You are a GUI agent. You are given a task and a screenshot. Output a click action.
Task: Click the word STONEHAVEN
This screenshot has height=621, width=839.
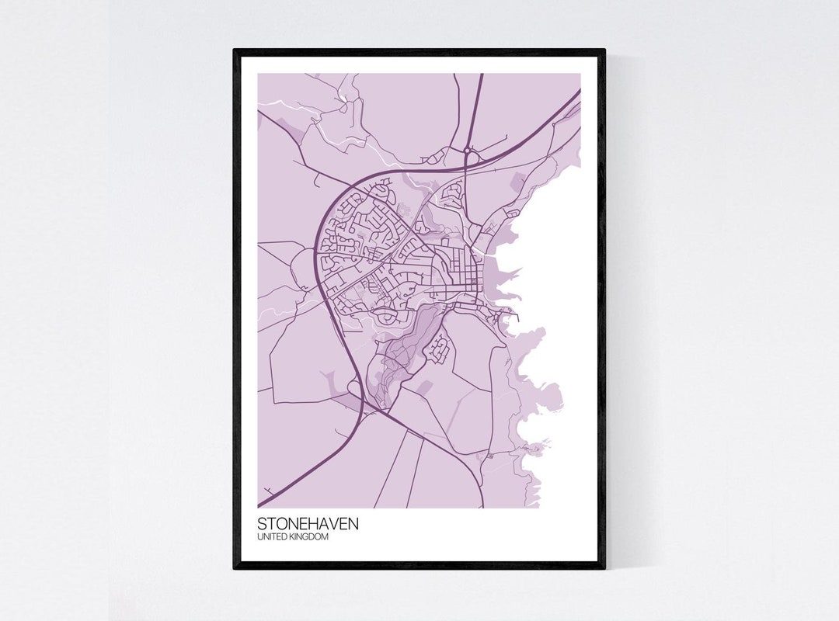308,523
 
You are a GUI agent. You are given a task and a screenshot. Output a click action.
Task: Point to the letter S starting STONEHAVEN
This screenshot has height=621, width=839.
262,523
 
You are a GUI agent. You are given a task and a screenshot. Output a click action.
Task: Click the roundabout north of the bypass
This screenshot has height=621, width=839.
467,150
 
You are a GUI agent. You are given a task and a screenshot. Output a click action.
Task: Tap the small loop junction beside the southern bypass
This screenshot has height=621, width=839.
355,386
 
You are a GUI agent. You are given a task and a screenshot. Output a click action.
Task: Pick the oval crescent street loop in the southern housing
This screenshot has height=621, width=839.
386,317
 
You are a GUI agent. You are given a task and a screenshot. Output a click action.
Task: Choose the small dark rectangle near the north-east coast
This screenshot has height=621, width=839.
517,182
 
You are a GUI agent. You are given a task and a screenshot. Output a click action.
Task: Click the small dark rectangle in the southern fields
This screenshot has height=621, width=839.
424,386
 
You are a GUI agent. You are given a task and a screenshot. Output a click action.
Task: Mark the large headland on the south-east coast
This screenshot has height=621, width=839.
544,396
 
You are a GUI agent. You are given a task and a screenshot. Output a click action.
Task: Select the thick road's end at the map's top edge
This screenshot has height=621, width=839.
480,76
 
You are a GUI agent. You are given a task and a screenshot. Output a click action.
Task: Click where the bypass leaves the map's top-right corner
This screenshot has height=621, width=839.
578,92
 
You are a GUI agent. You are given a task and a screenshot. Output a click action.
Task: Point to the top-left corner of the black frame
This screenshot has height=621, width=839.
235,50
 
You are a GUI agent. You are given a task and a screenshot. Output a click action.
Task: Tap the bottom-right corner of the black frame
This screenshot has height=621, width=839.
604,567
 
